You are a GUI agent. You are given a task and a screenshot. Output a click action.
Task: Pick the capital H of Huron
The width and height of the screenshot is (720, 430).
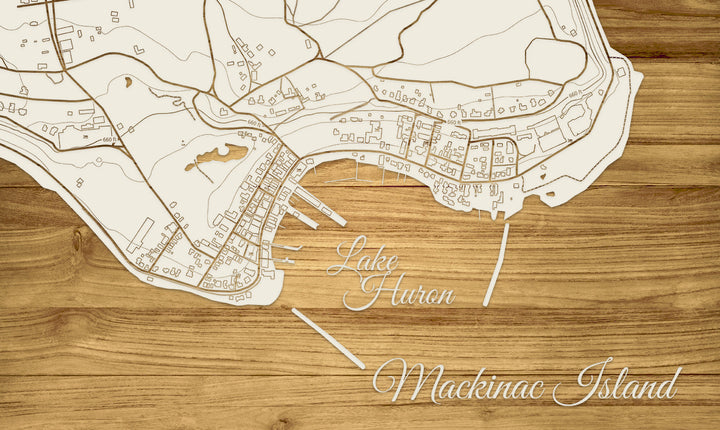370,291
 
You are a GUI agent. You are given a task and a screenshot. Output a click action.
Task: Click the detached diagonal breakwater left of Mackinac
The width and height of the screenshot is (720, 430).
328,338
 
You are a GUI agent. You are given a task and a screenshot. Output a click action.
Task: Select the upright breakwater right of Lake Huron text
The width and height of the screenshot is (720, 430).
496,264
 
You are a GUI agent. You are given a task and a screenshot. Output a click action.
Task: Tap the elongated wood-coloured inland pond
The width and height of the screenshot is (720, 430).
216,156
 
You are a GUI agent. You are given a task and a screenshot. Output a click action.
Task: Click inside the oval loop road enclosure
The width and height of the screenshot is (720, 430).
555,60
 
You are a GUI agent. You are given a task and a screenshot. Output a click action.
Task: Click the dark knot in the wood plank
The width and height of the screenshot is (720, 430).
78,240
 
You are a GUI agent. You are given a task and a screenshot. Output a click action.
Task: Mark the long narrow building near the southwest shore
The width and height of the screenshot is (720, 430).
140,234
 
